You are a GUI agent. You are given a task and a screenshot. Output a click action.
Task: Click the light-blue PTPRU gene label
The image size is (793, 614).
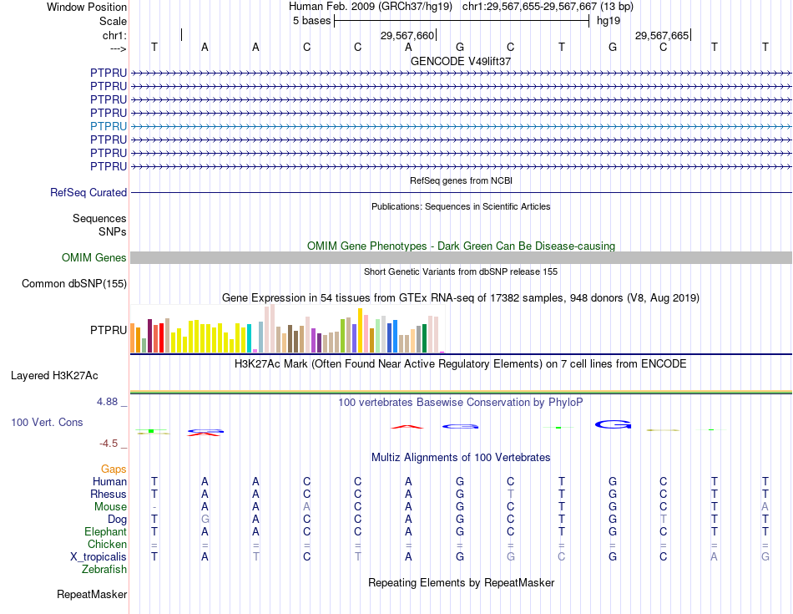pos(109,126)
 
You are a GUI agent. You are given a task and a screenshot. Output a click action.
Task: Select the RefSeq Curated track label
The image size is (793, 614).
pos(88,193)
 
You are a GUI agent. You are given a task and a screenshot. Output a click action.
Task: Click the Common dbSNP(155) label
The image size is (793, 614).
pos(74,284)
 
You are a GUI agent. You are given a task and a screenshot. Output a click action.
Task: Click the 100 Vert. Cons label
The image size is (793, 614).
pos(47,423)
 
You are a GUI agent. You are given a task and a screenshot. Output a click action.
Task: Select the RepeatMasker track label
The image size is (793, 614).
pos(92,595)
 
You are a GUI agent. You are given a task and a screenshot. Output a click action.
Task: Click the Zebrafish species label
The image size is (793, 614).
pos(104,570)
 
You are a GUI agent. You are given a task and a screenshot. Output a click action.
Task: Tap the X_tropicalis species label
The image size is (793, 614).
pos(98,557)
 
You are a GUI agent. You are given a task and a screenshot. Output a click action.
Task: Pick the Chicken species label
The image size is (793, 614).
pos(108,545)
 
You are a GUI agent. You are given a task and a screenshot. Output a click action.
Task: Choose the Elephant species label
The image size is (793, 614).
pos(105,532)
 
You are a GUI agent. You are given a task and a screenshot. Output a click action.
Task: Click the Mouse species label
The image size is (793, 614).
pos(110,507)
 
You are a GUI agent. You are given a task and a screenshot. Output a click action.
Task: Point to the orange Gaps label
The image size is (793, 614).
pos(114,469)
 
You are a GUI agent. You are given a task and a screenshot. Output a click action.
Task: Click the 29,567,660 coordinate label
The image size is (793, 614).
pos(407,36)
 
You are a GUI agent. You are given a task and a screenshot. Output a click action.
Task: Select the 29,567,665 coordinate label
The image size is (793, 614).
pos(662,36)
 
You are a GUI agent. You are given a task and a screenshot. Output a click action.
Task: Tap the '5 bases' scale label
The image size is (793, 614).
pos(311,21)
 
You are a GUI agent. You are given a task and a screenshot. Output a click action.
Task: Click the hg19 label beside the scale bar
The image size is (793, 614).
pos(608,21)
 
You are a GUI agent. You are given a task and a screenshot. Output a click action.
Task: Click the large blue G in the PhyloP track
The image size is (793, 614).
pos(613,425)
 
